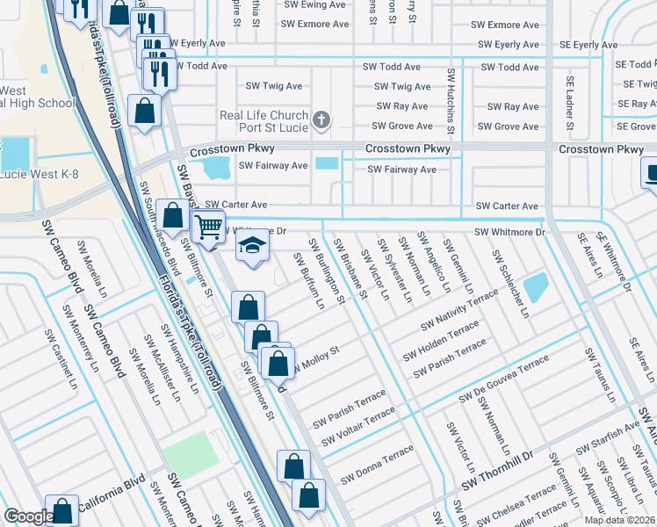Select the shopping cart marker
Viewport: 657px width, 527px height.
208,227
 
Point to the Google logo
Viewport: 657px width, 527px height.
28,516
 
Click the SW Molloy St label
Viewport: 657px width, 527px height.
314,358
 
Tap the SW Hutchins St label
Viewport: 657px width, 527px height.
451,101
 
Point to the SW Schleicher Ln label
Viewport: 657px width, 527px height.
509,283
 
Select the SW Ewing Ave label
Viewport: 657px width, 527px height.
314,4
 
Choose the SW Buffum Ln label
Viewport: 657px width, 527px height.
309,281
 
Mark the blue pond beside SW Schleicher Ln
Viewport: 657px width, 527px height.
535,287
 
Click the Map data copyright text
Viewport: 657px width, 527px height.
619,520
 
